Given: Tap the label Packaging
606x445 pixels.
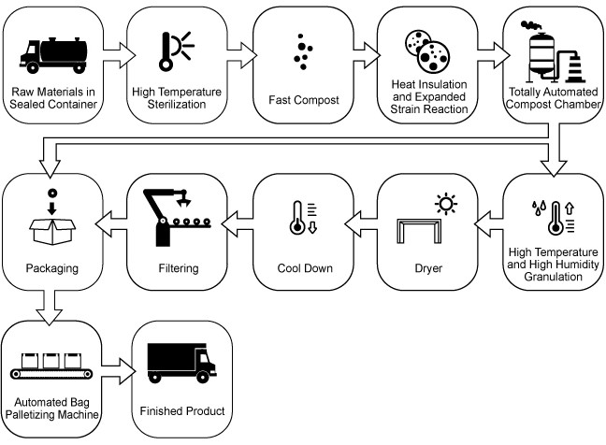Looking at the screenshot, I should (52, 269).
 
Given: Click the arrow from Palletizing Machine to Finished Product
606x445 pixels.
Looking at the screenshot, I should (115, 366).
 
